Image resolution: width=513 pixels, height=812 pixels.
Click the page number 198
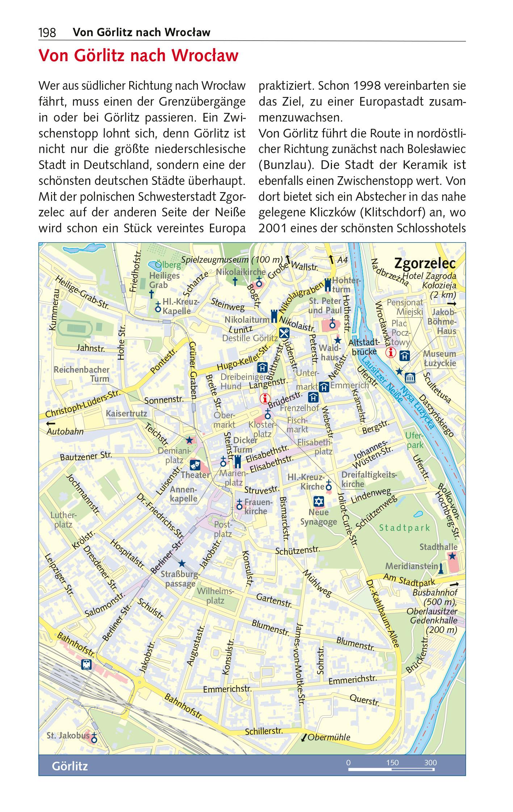pos(47,33)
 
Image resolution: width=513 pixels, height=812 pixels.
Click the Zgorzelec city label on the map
pos(425,263)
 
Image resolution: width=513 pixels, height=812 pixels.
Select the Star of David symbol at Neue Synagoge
pos(319,502)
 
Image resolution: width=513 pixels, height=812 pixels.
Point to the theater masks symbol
pos(194,464)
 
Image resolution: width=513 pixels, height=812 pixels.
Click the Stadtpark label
pos(404,528)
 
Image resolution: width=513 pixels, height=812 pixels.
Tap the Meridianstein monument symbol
pos(441,569)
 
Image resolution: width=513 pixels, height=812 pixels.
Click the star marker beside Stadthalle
pos(452,556)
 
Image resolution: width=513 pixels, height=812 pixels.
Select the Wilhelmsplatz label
pos(215,596)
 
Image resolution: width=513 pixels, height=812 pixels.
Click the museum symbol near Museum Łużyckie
pos(410,378)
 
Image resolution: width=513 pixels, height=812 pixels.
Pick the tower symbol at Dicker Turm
pos(237,462)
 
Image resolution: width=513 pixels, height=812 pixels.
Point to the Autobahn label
pos(65,432)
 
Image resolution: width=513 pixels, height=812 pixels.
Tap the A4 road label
pos(342,260)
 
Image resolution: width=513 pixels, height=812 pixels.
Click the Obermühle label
pos(329,737)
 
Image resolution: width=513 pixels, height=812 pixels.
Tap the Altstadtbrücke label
pos(364,347)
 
